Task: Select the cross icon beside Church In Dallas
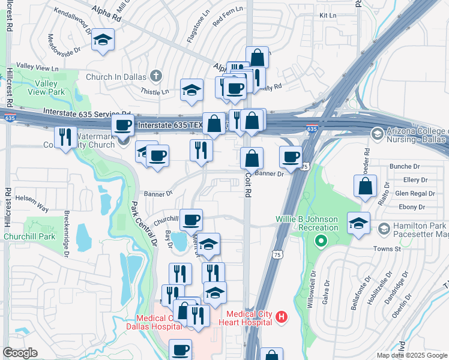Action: [156, 76]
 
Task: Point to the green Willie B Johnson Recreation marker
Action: [321, 241]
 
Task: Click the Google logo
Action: [20, 353]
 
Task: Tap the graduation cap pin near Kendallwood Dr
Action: [103, 41]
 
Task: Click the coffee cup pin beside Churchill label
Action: [191, 220]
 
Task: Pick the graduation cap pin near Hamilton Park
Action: [358, 224]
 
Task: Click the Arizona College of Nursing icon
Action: [377, 133]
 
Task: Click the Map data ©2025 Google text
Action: [411, 355]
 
